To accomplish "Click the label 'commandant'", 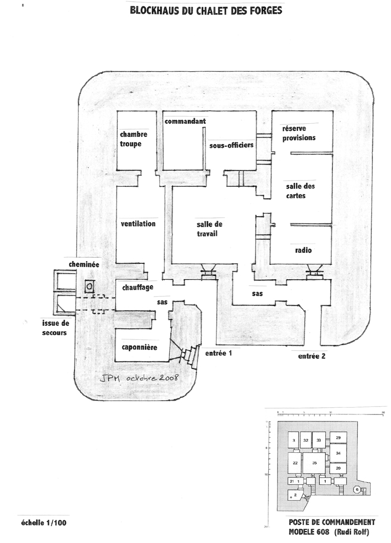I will click(185, 121).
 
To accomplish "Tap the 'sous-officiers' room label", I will click(231, 146).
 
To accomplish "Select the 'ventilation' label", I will click(138, 223).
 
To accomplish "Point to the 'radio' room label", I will click(303, 250).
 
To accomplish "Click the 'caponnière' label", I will click(139, 348).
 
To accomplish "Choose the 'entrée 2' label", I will click(312, 356).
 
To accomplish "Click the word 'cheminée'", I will click(84, 264).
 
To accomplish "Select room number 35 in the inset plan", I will click(314, 463).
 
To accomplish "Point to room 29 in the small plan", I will click(338, 438).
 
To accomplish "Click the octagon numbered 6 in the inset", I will click(357, 489).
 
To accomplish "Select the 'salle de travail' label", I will click(207, 229).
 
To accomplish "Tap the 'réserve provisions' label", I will click(298, 133).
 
